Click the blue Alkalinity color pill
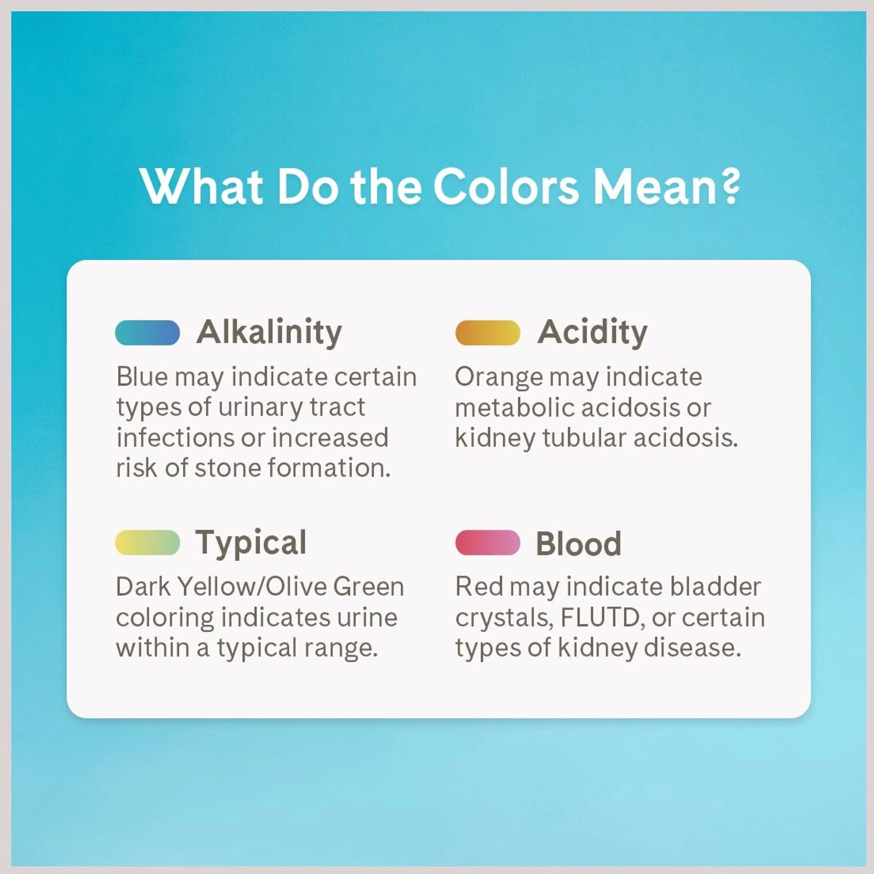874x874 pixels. coord(148,333)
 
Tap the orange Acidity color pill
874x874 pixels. coord(487,333)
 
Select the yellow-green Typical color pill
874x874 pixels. coord(148,542)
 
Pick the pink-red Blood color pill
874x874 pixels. coord(487,542)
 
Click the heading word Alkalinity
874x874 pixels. coord(269,333)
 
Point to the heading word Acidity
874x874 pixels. coord(592,333)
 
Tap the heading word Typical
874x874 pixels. coord(251,543)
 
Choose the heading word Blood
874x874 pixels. coord(578,543)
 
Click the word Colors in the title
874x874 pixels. coord(506,186)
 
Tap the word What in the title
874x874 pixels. coord(202,186)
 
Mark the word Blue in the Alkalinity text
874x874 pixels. coord(142,377)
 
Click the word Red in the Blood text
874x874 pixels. coord(479,587)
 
